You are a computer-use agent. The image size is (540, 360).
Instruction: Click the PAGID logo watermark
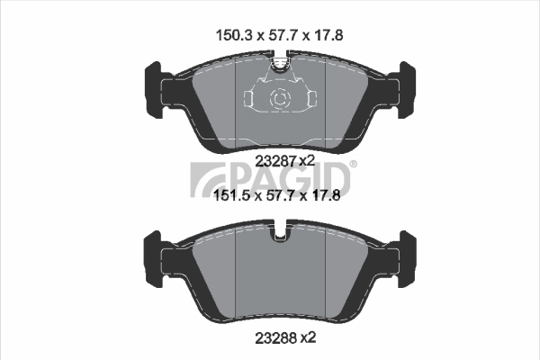270,176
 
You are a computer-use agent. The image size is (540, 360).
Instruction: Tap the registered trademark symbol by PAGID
352,165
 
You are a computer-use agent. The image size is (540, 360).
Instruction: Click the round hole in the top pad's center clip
279,97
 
